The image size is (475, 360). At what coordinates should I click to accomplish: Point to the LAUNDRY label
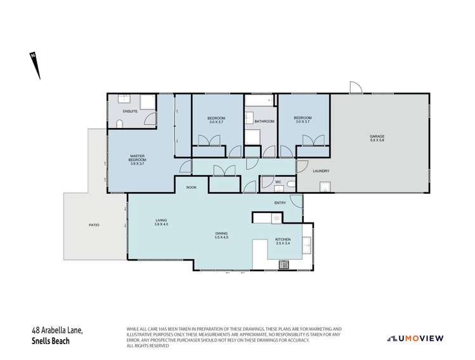point(321,170)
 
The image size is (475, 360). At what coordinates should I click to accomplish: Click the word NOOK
point(191,188)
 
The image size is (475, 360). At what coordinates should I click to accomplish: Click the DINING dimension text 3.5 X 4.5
point(221,237)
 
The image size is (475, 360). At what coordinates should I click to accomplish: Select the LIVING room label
point(161,221)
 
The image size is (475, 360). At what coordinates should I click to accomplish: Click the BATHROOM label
point(264,121)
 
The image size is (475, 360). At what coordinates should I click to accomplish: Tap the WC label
point(277,183)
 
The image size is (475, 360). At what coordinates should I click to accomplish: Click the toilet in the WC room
point(290,183)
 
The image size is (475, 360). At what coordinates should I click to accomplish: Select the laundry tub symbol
point(325,188)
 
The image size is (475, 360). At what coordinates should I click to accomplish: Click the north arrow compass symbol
point(35,66)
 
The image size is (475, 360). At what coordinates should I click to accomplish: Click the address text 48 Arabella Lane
point(56,330)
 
